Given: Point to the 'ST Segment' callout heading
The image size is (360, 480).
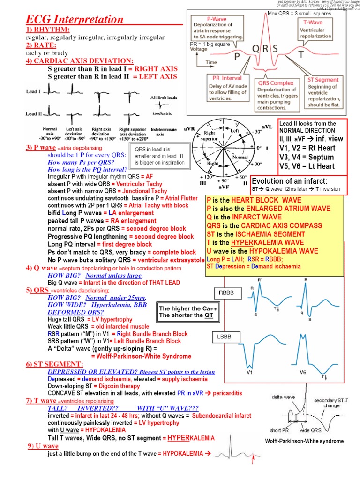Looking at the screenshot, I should tap(323, 80).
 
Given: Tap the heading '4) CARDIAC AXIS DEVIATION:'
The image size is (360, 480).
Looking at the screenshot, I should tap(79, 61).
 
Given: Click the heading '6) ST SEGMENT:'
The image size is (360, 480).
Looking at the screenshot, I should tap(55, 364).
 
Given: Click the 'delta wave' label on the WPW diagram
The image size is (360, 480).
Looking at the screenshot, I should tap(283, 397).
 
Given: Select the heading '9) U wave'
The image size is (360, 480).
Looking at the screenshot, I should tap(43, 446).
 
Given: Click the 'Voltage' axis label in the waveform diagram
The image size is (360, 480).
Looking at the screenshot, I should tap(199, 49).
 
